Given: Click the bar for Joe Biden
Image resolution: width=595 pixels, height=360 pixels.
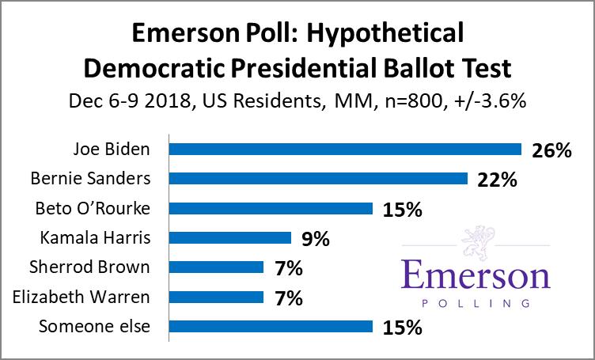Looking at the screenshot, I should tap(346, 150).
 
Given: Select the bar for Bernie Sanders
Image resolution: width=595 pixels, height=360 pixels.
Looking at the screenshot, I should tap(319, 179).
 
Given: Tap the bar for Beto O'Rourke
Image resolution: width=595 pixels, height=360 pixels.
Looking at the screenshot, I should tap(271, 209).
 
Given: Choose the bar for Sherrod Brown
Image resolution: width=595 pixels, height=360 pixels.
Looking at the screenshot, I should tap(216, 267).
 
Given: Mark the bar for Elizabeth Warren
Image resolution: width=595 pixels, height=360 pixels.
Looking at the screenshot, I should tap(216, 297).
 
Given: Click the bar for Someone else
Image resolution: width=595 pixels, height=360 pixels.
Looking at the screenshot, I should tap(271, 326).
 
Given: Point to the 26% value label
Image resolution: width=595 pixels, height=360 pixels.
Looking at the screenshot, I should tap(551, 150).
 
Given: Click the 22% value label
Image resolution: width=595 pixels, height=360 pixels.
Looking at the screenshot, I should tap(497, 180).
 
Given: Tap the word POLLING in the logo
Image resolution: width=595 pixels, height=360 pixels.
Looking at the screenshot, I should tap(476, 302).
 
